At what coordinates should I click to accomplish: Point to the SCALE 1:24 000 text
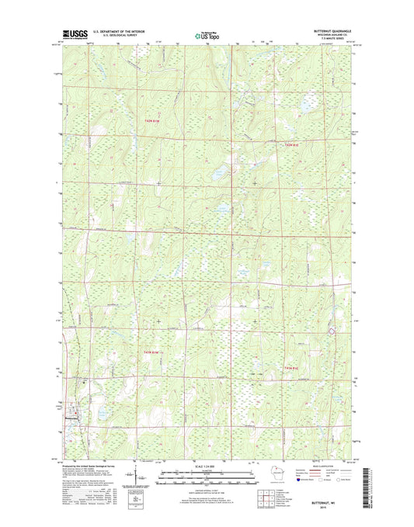click(207, 466)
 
